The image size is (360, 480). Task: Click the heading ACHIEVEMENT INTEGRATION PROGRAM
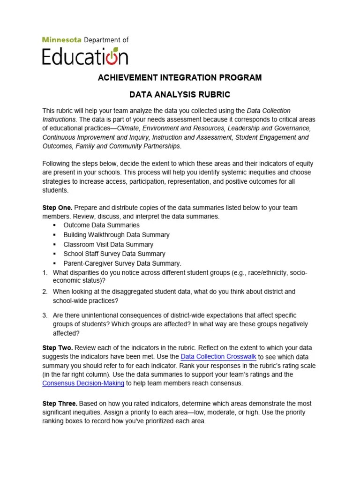coord(180,77)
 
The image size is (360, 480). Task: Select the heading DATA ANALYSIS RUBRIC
coord(180,95)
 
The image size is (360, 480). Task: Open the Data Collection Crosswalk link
coord(218,357)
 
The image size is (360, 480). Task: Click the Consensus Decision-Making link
coord(83,383)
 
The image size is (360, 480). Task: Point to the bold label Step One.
coord(57,207)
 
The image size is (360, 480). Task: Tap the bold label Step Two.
coord(57,348)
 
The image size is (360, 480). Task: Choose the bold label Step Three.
coord(60,404)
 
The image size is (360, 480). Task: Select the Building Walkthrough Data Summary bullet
coord(116,235)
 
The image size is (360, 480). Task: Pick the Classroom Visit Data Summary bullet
coord(108,244)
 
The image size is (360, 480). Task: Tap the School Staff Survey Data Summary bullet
coord(114,254)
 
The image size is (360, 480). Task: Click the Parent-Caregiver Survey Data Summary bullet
coord(122,263)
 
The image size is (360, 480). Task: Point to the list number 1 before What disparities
coord(45,272)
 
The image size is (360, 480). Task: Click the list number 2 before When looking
coord(45,292)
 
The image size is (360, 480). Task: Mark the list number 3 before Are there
coord(45,315)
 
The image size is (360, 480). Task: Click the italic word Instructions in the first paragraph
coord(59,119)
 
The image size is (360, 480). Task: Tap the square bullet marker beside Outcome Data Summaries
coord(55,225)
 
